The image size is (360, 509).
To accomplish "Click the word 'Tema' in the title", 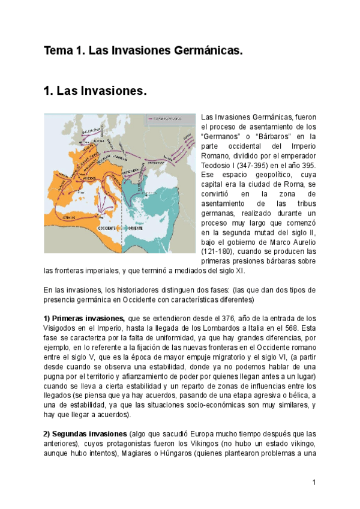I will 55,52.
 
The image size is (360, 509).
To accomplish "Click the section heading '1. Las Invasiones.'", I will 95,92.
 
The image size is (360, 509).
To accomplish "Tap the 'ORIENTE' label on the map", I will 136,229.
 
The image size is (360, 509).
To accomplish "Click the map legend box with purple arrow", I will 169,119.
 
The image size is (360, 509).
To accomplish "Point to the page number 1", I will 314,483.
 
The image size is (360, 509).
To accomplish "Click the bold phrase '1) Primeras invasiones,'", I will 84,318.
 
